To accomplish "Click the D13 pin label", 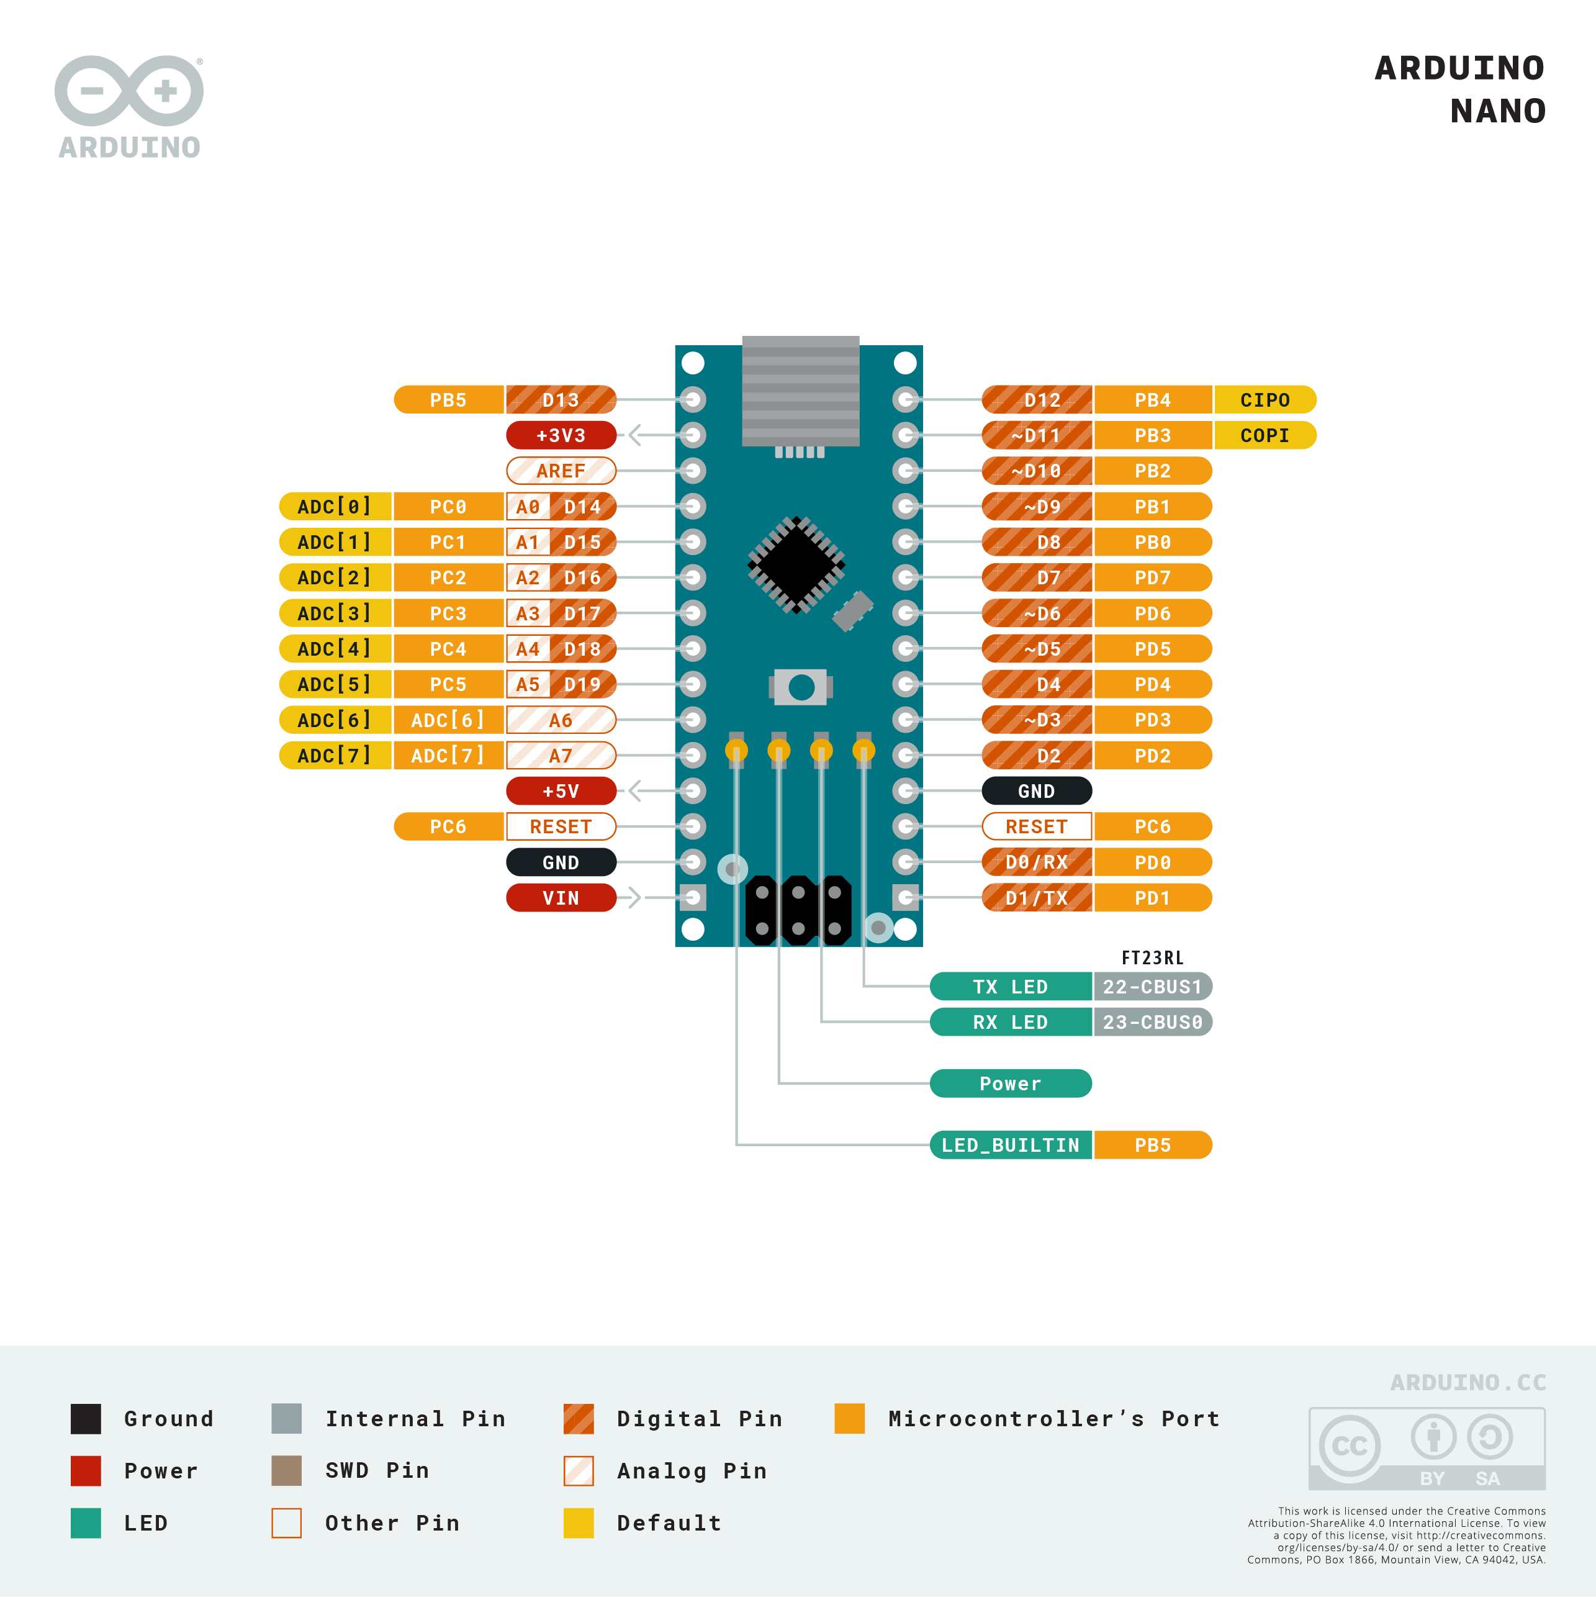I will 561,400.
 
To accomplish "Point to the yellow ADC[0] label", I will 334,507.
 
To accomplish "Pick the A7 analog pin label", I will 561,756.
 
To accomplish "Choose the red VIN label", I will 561,898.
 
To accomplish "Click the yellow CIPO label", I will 1264,400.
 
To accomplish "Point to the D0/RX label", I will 1037,862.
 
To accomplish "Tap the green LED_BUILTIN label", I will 1010,1146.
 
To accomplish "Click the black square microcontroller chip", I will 796,566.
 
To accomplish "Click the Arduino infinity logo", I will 129,91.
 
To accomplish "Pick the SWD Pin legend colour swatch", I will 286,1470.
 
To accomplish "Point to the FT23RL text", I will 1152,958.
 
